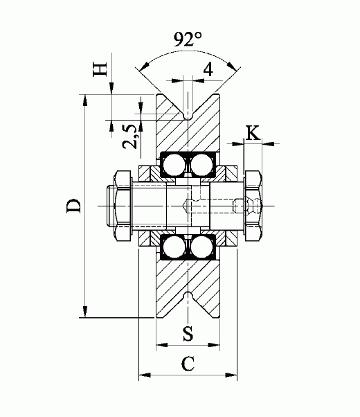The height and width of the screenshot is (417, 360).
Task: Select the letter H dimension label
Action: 100,69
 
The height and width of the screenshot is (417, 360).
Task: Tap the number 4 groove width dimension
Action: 208,69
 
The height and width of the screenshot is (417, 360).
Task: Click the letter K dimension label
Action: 253,132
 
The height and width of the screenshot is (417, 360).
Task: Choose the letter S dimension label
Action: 187,332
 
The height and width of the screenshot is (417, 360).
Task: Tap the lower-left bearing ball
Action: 174,247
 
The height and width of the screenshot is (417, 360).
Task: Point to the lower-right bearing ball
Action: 201,247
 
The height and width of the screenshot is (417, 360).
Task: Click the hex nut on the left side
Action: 123,206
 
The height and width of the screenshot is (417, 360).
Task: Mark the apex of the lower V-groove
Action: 188,295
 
